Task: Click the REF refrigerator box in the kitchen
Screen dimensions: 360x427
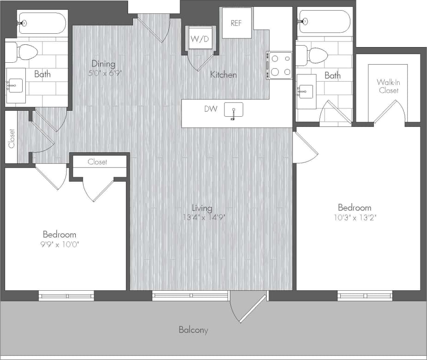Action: click(x=236, y=23)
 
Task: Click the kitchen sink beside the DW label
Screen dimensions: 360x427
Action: click(x=234, y=111)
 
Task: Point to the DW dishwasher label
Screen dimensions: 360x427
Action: click(x=210, y=109)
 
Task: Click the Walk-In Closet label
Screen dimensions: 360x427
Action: click(x=388, y=86)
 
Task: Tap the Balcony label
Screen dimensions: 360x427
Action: click(x=193, y=330)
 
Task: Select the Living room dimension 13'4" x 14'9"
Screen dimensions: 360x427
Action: click(x=202, y=217)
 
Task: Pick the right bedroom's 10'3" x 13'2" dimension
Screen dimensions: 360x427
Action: click(x=354, y=216)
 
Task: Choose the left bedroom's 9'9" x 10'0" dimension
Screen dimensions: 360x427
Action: click(x=60, y=244)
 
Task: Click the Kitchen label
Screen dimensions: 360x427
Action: click(x=223, y=75)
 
